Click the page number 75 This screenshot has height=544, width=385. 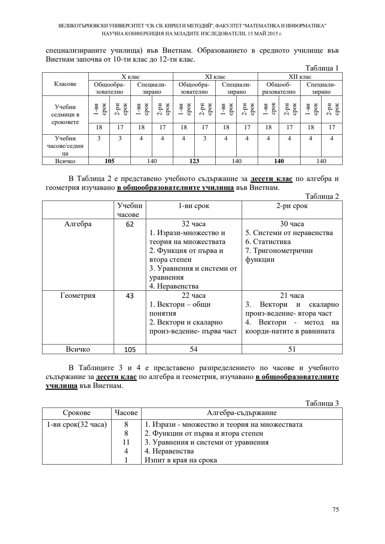point(335,509)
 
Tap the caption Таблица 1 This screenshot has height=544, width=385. point(322,68)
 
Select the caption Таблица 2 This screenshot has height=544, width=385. point(322,196)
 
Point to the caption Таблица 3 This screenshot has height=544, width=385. point(322,403)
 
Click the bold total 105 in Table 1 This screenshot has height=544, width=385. point(109,161)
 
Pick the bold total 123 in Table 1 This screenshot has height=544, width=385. point(194,161)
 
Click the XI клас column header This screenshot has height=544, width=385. point(215,77)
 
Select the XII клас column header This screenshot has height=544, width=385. point(300,77)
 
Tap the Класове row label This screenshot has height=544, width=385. point(65,84)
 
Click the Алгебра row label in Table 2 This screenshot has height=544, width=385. point(78,224)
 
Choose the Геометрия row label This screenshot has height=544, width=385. point(78,296)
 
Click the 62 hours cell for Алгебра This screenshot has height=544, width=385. point(130,224)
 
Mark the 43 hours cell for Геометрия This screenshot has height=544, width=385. point(130,296)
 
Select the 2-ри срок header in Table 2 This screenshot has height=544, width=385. point(292,206)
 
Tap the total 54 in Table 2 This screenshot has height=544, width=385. point(194,349)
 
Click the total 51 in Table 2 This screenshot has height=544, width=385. point(292,349)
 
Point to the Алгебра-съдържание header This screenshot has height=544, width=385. point(242,413)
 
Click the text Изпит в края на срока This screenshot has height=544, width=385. point(181,460)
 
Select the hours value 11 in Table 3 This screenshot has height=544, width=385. point(126,442)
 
